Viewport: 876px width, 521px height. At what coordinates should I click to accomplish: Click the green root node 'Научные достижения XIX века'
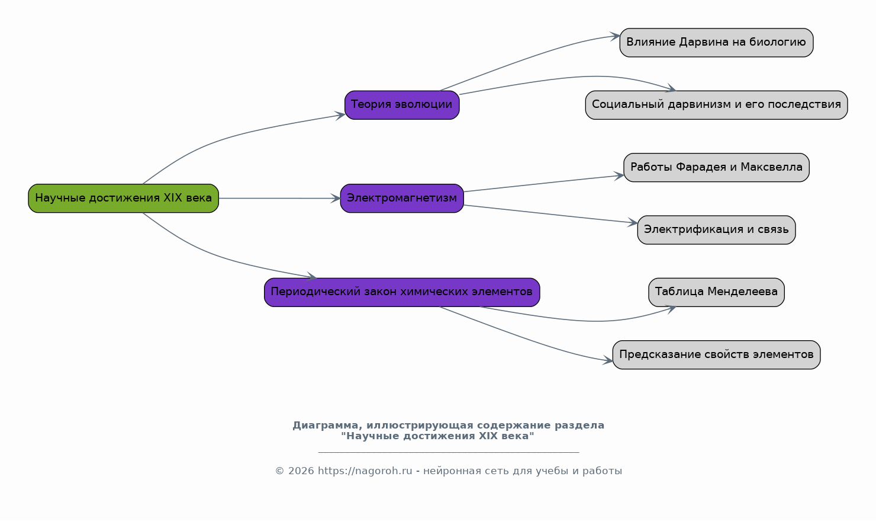123,198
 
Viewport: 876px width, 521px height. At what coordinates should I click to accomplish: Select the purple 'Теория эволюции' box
402,105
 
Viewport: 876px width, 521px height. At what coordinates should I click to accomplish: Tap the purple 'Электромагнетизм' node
402,198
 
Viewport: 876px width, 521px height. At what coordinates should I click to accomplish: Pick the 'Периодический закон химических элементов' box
402,292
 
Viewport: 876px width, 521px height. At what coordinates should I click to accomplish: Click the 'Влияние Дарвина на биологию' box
716,42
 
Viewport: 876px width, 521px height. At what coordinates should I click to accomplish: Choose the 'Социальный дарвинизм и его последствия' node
716,105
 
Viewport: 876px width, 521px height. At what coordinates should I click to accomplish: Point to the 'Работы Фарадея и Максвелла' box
716,167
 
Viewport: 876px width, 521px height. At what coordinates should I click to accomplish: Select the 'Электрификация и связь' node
716,229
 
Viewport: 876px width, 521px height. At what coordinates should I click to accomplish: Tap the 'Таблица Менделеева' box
716,292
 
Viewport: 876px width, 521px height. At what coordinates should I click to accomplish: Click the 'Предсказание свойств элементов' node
716,354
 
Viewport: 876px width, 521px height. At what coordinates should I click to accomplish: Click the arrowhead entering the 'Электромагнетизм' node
336,198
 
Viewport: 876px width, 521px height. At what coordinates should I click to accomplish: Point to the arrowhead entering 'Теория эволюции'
340,115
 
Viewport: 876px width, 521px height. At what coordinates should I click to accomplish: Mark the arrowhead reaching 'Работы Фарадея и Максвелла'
619,175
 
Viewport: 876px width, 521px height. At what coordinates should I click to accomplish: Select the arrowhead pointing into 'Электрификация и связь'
633,222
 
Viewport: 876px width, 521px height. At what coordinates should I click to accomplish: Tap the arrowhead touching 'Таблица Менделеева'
671,309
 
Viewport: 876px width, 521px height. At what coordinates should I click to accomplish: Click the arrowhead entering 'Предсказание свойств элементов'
608,360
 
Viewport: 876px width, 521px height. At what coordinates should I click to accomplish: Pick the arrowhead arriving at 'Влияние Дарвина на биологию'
615,36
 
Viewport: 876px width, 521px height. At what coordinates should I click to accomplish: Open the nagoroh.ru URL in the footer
365,471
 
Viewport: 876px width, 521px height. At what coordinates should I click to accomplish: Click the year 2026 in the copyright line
301,471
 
